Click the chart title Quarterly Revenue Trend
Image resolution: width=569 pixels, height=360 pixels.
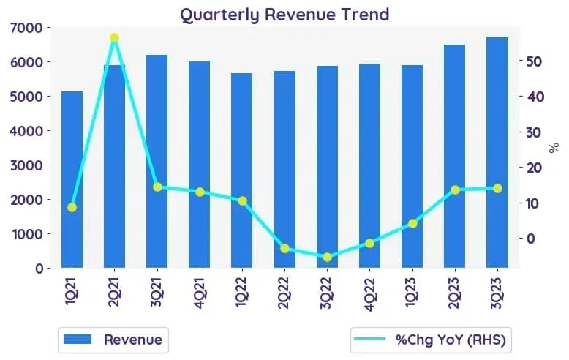point(284,15)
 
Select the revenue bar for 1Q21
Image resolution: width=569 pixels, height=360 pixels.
point(72,180)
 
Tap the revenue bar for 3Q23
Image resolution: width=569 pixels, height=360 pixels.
point(497,152)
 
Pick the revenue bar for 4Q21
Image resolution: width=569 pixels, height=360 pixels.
point(199,165)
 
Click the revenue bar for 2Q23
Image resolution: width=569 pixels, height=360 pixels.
point(454,157)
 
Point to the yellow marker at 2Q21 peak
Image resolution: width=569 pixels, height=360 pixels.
point(114,38)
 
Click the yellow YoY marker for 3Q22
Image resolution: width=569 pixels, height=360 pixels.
point(327,257)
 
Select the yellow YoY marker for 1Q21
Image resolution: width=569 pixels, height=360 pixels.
point(72,208)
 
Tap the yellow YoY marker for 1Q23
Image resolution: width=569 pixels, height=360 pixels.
point(412,224)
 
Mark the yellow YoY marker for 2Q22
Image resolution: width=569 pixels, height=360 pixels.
point(284,249)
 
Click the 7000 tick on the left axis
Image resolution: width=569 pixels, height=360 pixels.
point(26,28)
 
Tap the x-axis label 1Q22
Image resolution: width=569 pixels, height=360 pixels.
point(241,291)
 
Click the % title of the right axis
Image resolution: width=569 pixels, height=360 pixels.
point(554,148)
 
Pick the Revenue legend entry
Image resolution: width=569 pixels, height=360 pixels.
point(113,340)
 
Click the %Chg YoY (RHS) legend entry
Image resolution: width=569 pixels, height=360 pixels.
point(430,340)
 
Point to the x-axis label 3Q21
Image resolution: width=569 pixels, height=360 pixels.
point(157,292)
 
